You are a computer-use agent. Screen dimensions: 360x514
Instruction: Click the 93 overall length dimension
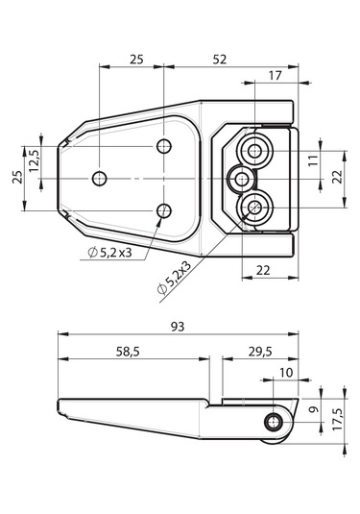pyautogui.click(x=178, y=327)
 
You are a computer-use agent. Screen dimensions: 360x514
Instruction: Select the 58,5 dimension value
pyautogui.click(x=128, y=352)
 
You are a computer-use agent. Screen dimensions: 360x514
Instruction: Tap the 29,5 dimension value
pyautogui.click(x=260, y=352)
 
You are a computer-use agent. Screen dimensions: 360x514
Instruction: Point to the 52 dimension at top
pyautogui.click(x=220, y=60)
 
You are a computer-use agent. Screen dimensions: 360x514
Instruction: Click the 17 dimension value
pyautogui.click(x=275, y=76)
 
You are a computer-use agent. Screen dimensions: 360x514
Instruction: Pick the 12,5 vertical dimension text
pyautogui.click(x=34, y=161)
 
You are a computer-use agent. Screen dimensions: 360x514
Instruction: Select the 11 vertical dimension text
pyautogui.click(x=313, y=160)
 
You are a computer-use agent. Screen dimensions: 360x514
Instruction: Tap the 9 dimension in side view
pyautogui.click(x=314, y=409)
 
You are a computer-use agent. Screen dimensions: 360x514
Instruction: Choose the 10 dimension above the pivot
pyautogui.click(x=286, y=373)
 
